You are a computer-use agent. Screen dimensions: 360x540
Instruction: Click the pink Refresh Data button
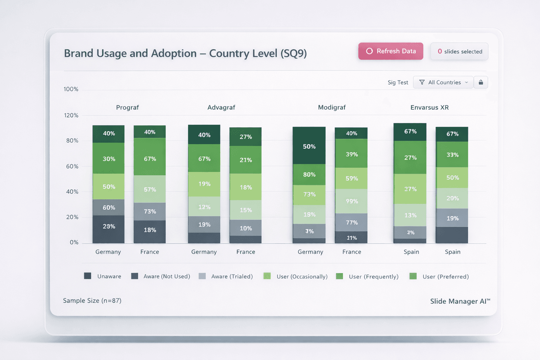point(391,51)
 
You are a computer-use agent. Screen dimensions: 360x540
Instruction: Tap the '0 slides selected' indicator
point(459,52)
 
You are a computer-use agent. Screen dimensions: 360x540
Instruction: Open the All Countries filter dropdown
point(443,82)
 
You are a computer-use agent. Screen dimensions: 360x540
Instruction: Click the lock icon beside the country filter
point(481,82)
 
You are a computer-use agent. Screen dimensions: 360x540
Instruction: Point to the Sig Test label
point(398,83)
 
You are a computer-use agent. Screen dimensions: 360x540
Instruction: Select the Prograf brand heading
point(127,108)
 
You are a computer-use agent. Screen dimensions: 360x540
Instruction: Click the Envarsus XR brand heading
point(429,108)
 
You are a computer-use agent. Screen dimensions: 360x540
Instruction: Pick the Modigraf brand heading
point(332,108)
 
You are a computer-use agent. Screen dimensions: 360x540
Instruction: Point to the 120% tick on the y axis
point(71,115)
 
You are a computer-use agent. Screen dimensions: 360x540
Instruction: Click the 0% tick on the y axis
point(74,242)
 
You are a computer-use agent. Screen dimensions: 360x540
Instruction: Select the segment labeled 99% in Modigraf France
point(351,201)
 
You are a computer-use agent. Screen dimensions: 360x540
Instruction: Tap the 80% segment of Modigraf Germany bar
point(309,174)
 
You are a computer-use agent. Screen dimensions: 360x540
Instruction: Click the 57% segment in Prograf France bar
point(150,189)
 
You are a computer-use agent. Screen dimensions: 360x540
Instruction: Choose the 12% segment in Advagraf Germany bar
point(204,207)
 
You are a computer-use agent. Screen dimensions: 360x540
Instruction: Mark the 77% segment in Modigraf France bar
point(351,223)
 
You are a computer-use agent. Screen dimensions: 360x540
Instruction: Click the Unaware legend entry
point(103,276)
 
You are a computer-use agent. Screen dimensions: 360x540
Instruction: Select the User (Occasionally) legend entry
point(296,276)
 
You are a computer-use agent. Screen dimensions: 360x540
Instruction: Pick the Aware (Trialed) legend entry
point(226,276)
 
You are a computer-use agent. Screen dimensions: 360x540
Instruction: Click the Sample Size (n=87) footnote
point(92,301)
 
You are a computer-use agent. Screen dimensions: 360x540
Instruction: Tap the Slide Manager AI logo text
point(459,301)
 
